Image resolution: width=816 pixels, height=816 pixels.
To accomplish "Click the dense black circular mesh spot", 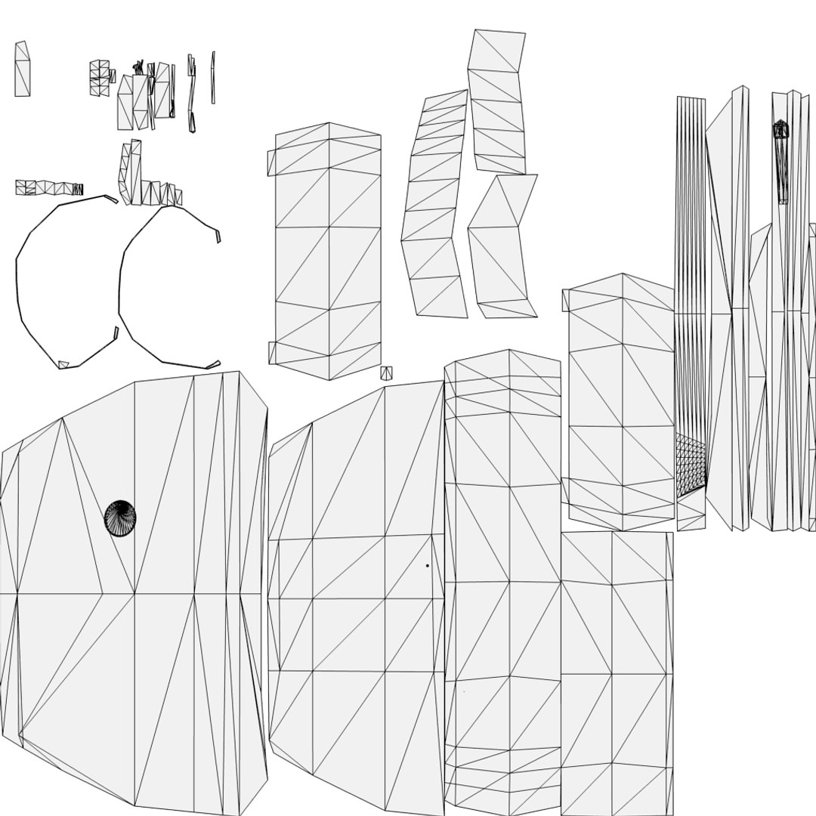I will pos(119,518).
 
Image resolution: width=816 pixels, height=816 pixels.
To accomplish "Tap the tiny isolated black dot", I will pos(427,565).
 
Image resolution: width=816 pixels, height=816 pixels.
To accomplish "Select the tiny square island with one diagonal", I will pos(386,372).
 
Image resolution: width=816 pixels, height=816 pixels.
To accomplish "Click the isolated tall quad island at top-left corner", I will pos(22,70).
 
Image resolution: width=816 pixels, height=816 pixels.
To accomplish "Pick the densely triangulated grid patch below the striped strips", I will pos(691,465).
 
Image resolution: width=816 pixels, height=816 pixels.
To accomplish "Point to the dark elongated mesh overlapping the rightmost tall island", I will pos(781,159).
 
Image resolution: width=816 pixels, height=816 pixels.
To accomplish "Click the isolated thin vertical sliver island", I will pos(213,77).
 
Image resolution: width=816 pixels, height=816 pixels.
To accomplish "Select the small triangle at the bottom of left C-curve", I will pos(63,365).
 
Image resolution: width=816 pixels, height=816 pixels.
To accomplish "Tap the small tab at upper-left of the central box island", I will pos(271,162).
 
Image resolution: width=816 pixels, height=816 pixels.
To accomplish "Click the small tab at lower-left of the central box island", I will pos(272,352).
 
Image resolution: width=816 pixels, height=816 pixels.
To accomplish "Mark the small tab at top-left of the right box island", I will pos(565,300).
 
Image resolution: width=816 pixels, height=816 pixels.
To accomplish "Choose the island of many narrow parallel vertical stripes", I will pos(690,302).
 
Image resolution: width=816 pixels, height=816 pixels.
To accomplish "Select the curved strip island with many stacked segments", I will pos(434,204).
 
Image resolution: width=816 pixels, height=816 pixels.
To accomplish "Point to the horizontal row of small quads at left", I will pos(48,187).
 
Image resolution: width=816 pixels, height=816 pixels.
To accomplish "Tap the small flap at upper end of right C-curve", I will pos(218,236).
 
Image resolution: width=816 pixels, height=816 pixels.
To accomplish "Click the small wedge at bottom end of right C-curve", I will pos(213,365).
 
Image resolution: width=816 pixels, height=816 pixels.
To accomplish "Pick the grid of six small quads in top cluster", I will pos(99,79).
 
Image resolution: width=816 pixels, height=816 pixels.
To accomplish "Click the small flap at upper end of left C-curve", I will pos(111,199).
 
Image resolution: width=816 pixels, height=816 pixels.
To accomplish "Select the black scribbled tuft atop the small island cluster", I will pos(139,67).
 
